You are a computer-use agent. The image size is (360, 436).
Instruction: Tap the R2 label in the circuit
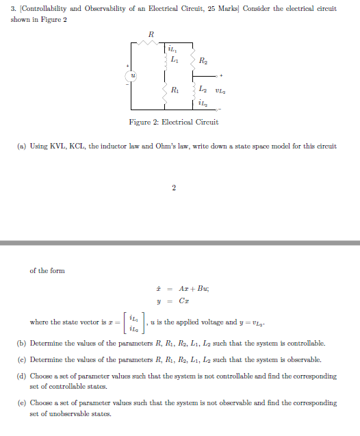pos(203,61)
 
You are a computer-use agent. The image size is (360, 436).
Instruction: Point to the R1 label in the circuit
pos(175,89)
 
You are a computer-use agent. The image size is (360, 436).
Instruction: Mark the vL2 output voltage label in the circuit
pos(220,90)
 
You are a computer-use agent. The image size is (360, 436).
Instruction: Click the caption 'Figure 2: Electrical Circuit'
pos(174,122)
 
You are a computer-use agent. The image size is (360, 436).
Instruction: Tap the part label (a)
pos(22,146)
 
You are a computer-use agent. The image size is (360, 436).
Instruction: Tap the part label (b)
pos(22,343)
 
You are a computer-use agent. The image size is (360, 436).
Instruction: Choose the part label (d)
pos(22,376)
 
